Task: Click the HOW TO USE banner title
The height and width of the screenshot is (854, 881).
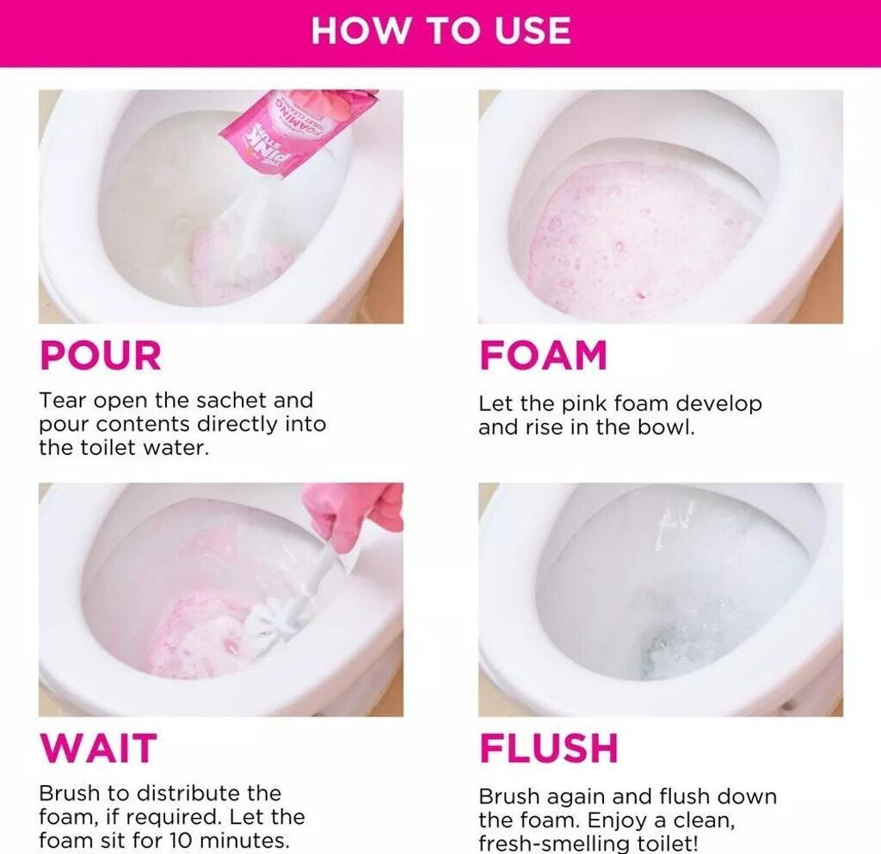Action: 441,30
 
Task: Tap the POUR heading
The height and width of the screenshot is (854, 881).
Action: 101,355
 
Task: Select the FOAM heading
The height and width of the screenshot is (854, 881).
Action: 544,355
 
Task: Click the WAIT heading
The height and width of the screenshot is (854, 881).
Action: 98,748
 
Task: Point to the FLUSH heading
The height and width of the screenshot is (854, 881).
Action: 549,748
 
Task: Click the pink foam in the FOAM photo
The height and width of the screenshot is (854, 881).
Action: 640,236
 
